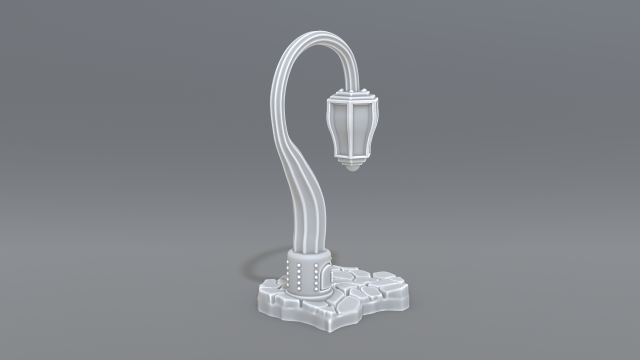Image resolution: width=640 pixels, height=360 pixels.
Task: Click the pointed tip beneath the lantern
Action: point(353,171)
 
